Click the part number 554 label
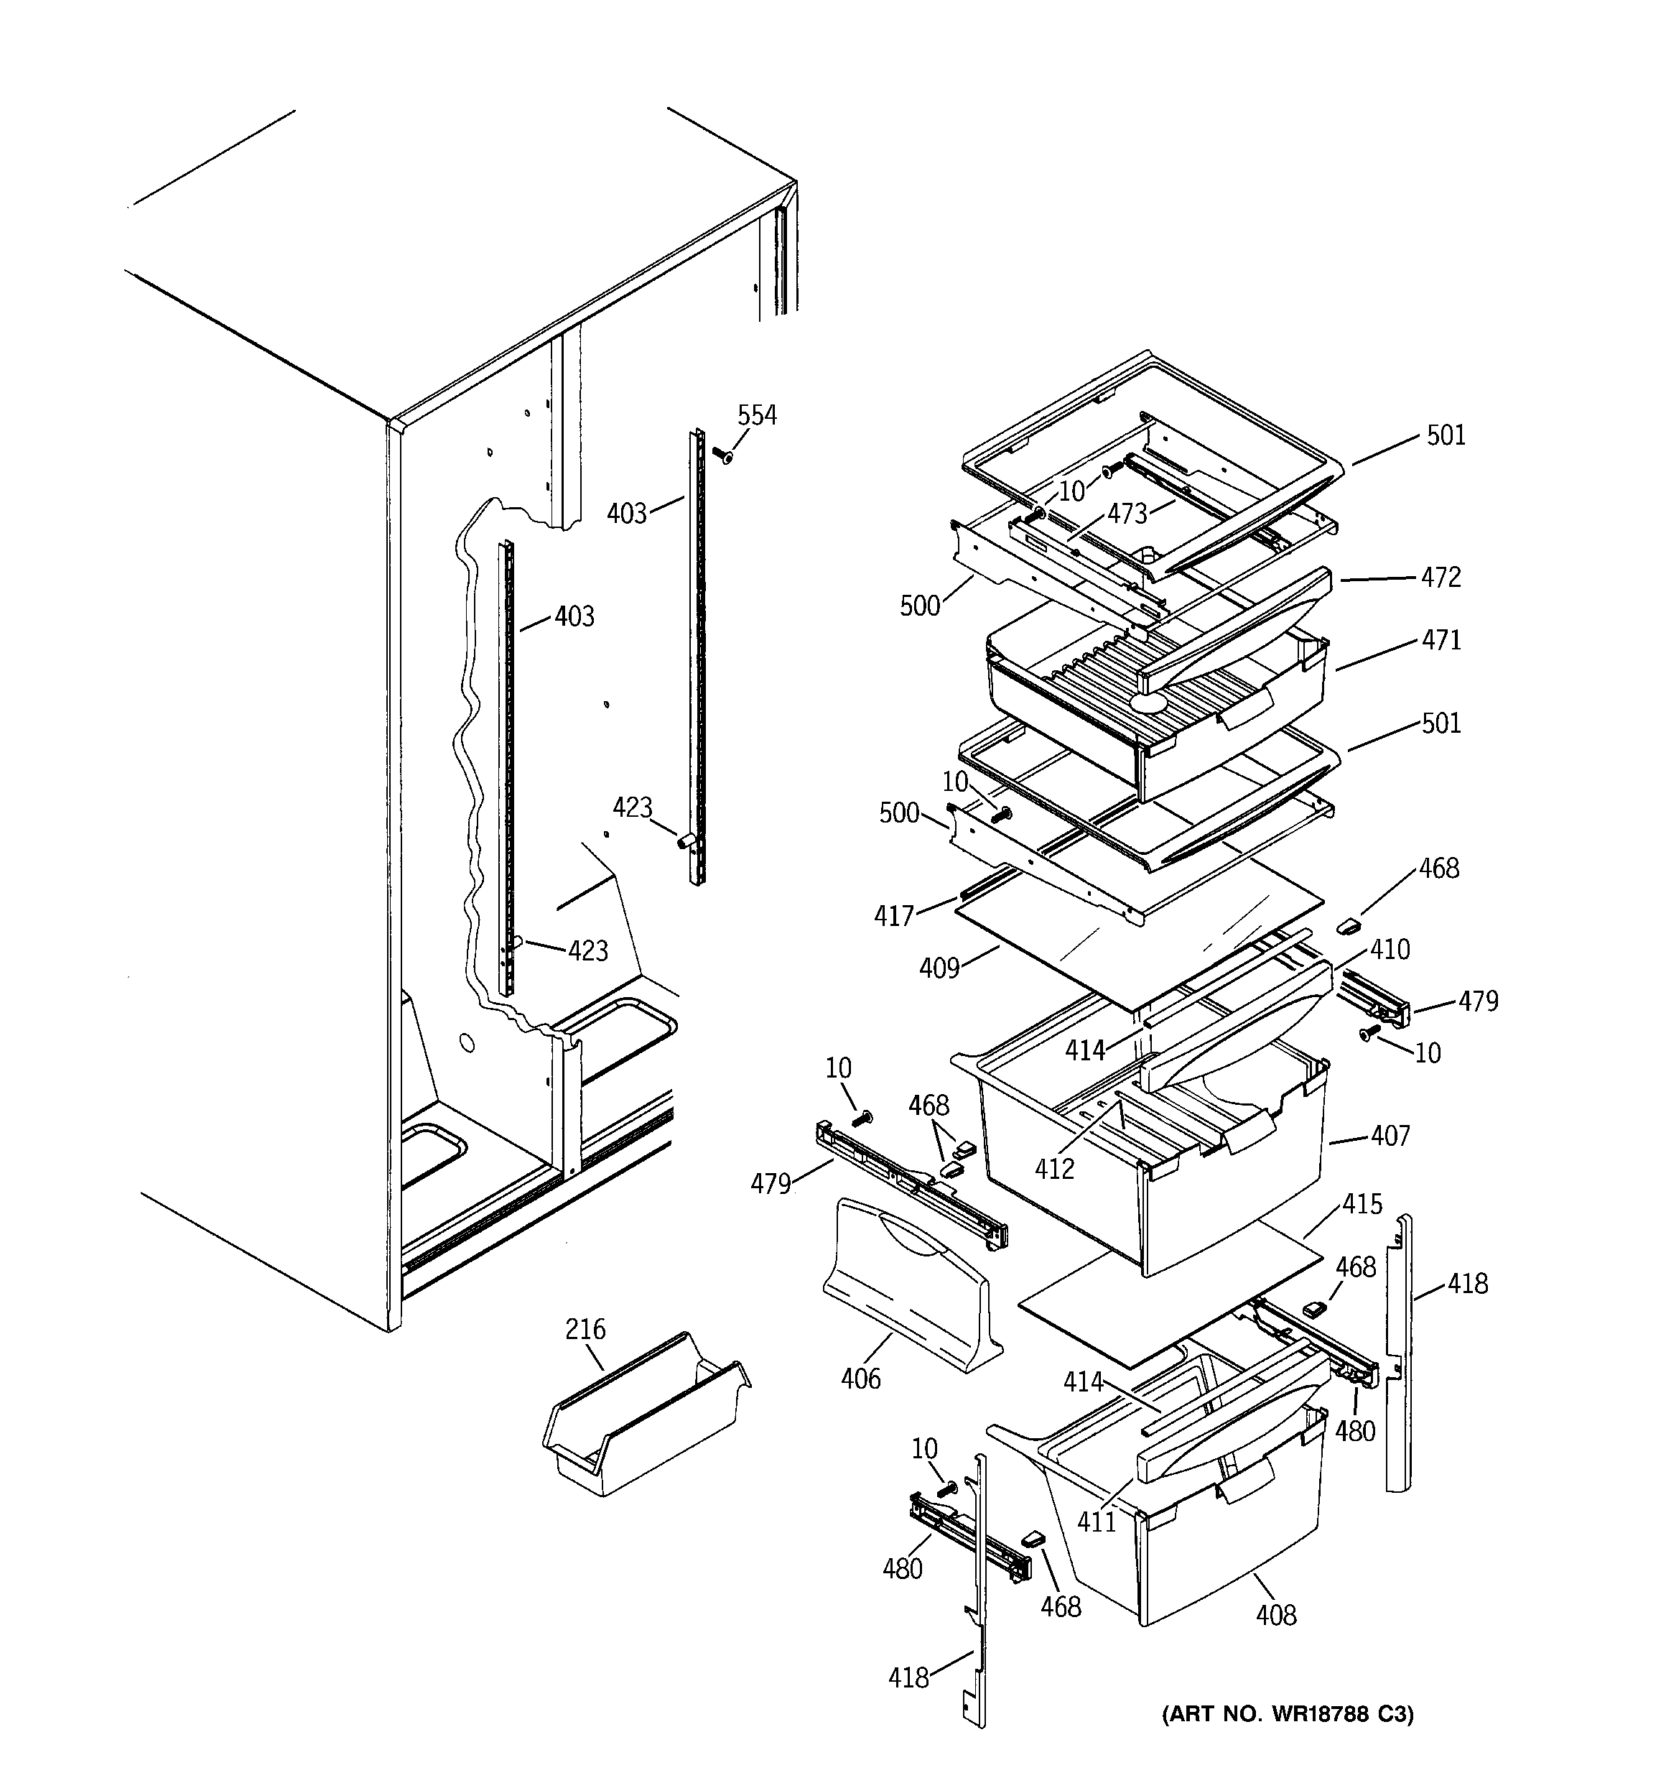click(757, 415)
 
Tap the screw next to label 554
click(722, 455)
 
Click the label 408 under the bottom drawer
click(1275, 1614)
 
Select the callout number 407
click(1390, 1136)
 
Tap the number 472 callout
click(1441, 577)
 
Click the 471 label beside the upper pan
click(1441, 639)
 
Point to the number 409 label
click(939, 968)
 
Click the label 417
click(894, 915)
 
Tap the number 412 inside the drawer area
click(1054, 1168)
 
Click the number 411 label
click(1097, 1522)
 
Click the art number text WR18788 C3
click(1288, 1713)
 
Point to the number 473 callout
click(1127, 514)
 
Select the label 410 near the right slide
click(1390, 949)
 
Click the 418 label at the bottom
click(908, 1678)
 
